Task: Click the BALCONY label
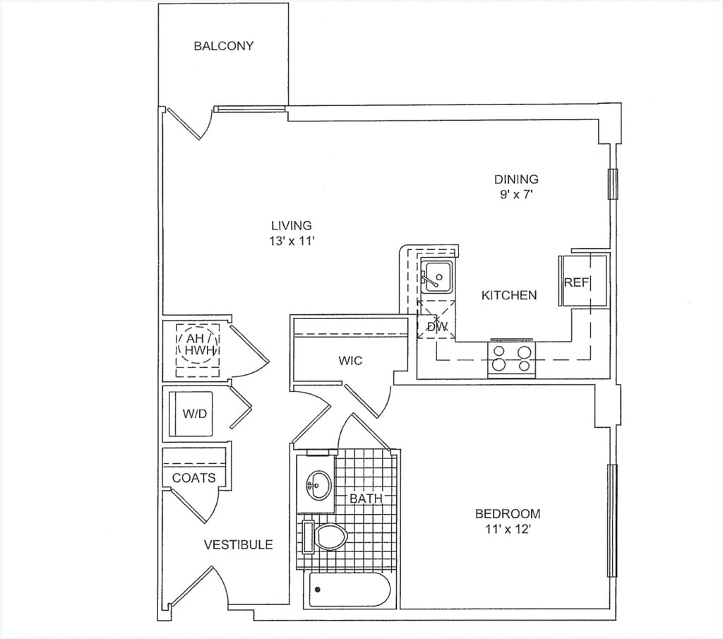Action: (223, 47)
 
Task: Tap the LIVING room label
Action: (291, 226)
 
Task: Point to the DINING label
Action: (516, 179)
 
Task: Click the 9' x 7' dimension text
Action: (516, 194)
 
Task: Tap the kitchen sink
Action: (437, 276)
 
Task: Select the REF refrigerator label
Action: (576, 282)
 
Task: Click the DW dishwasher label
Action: (437, 327)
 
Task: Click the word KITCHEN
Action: (509, 295)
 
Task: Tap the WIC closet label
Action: (350, 361)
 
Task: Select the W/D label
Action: (195, 414)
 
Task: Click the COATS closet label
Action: (194, 478)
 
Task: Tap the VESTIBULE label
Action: (238, 544)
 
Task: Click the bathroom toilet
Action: (328, 537)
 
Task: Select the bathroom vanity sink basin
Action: (318, 484)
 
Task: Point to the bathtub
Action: (349, 590)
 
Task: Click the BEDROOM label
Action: (508, 513)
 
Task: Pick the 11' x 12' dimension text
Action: (508, 528)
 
